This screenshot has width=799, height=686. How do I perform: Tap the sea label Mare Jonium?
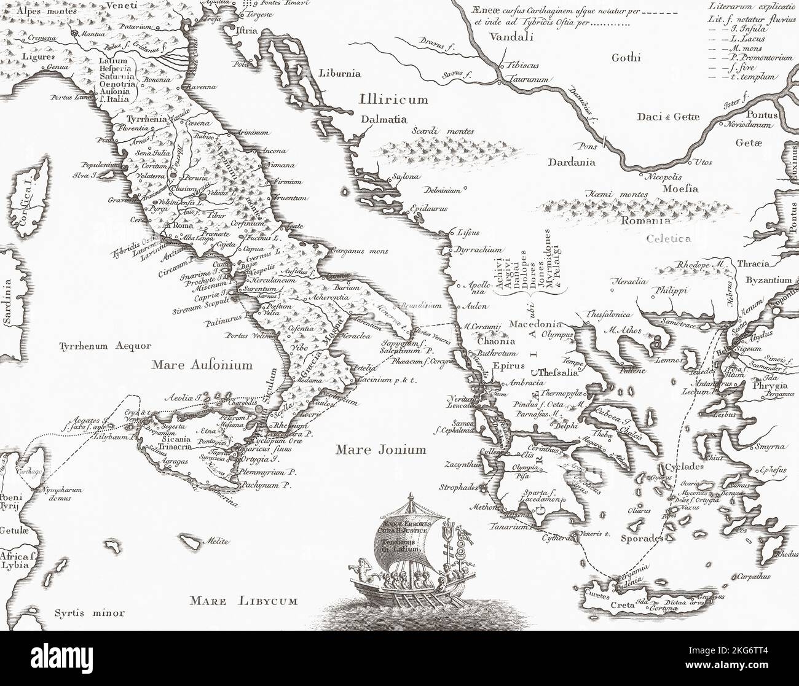(380, 450)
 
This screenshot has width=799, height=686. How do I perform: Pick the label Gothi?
(626, 58)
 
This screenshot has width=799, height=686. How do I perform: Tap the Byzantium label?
(768, 279)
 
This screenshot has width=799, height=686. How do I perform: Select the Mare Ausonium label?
(202, 365)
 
